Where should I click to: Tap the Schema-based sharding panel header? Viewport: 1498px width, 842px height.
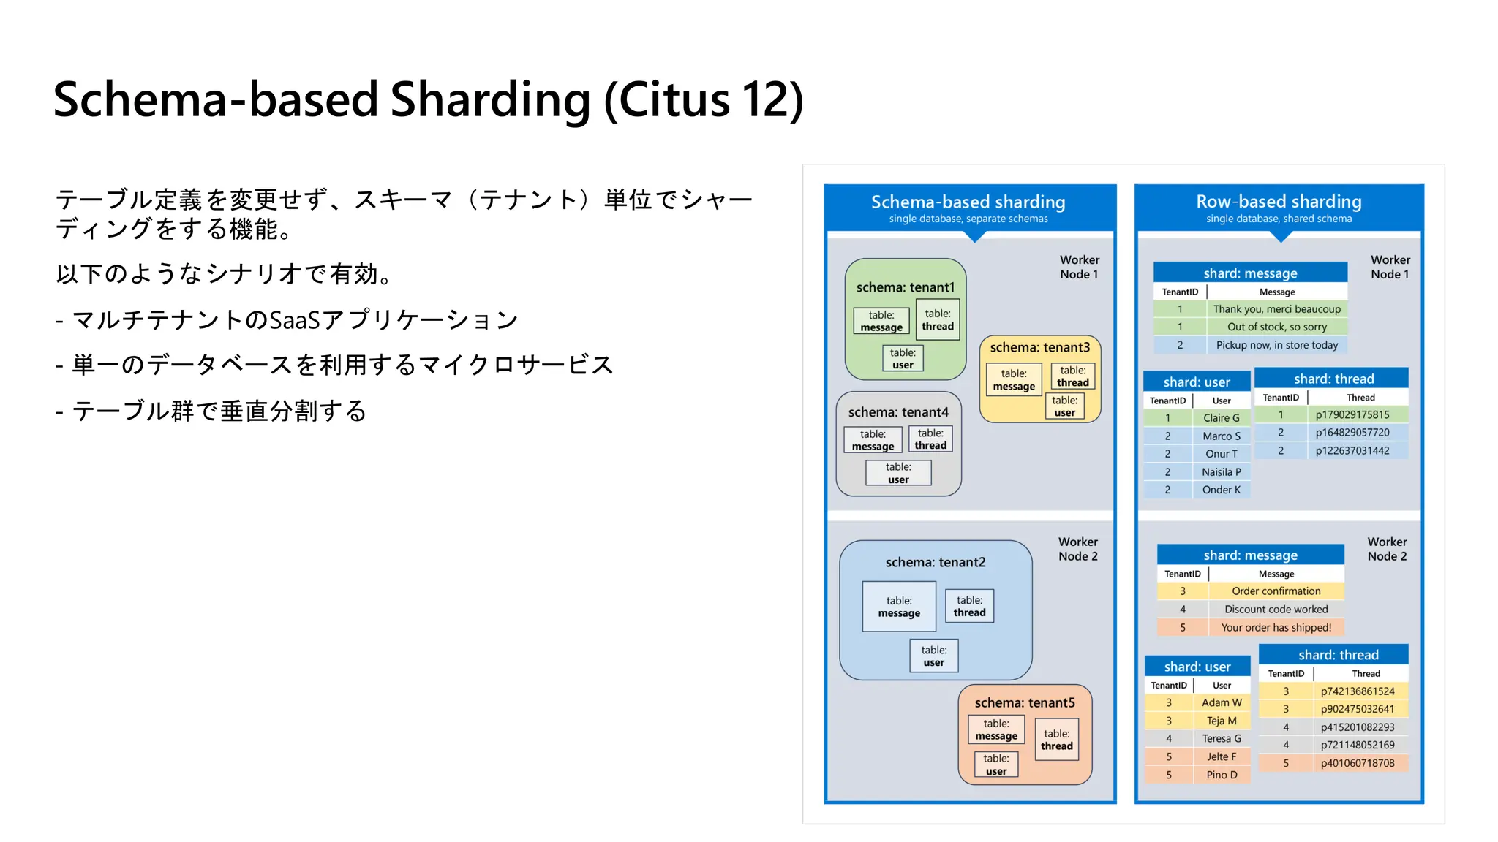tap(968, 207)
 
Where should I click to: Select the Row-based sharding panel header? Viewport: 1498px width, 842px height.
tap(1279, 207)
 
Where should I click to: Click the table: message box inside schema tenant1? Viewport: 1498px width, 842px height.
tap(881, 321)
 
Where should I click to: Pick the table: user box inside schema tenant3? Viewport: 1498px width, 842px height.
tap(1064, 406)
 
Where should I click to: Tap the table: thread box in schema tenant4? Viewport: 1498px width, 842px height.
tap(930, 439)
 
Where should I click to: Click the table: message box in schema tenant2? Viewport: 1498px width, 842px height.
tap(899, 607)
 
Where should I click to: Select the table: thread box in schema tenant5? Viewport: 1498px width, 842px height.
tap(1056, 740)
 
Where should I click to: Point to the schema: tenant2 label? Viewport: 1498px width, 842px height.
tap(935, 562)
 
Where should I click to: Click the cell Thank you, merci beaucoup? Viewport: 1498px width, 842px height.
tap(1276, 309)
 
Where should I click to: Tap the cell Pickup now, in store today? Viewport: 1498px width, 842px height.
tap(1276, 345)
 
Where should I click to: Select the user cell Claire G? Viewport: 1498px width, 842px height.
tap(1221, 418)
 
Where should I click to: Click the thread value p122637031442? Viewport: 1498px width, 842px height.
tap(1352, 451)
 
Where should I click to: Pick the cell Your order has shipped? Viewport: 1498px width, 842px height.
tap(1276, 627)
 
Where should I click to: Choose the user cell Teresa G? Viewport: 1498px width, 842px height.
tap(1221, 739)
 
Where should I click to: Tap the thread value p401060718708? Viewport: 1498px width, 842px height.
tap(1357, 763)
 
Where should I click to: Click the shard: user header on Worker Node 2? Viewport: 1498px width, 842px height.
tap(1197, 667)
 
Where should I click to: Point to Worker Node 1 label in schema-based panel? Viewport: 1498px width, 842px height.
tap(1079, 267)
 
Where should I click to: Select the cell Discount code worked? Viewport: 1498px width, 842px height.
tap(1276, 610)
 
